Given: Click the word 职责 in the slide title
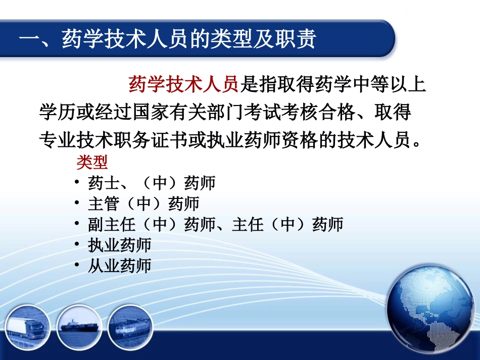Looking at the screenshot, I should pos(299,39).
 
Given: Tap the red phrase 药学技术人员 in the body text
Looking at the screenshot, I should pos(183,84).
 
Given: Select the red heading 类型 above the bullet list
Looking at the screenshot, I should pos(92,162).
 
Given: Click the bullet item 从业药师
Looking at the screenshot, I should pos(119,266).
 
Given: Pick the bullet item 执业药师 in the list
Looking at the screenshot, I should pos(119,245).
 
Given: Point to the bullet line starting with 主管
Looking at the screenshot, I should pos(143,203).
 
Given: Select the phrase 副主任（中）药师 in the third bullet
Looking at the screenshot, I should pos(143,224).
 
